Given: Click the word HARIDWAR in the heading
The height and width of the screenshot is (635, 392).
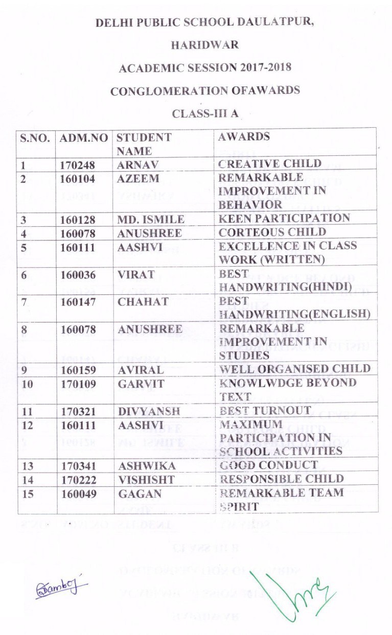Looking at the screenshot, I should pyautogui.click(x=204, y=45).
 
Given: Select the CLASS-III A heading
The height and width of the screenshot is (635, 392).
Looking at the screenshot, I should pyautogui.click(x=205, y=113).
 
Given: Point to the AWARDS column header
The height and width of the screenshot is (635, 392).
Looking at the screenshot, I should pyautogui.click(x=244, y=137).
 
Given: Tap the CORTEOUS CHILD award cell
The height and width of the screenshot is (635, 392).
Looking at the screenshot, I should pyautogui.click(x=272, y=232).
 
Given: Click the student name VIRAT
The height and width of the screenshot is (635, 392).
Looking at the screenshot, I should pyautogui.click(x=136, y=274).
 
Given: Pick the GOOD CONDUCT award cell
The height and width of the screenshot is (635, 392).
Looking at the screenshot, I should pyautogui.click(x=268, y=465).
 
